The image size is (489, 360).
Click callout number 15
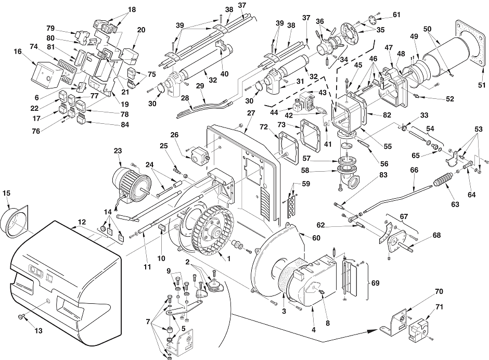click(x=6, y=193)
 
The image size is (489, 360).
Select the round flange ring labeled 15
click(x=15, y=222)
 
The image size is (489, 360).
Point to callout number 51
click(x=482, y=85)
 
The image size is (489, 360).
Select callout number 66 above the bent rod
click(x=414, y=170)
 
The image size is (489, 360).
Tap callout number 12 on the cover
click(x=82, y=222)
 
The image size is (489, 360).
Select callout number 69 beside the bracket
click(x=375, y=283)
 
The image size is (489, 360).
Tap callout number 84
click(x=125, y=124)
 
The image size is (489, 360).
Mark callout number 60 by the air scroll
click(x=316, y=238)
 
